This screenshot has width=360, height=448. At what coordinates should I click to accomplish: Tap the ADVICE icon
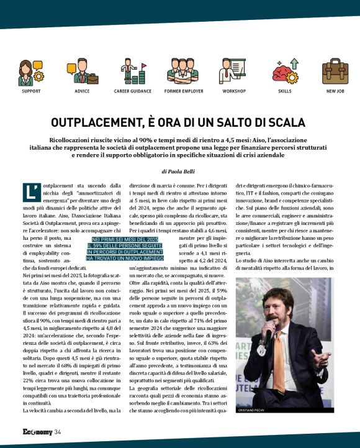point(82,72)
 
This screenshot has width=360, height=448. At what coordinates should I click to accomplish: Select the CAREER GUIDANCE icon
point(132,72)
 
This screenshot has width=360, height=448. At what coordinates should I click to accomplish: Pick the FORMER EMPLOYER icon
point(182,72)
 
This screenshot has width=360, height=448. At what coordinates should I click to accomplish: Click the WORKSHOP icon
point(234,72)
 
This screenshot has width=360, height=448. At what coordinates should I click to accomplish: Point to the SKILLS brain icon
point(285,72)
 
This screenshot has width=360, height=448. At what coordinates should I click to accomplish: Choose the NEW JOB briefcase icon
point(335,72)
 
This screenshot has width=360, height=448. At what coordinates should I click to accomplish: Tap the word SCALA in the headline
point(284,122)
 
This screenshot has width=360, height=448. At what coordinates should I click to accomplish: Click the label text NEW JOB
point(335,91)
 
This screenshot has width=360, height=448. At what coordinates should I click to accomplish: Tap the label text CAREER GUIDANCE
point(132,91)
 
